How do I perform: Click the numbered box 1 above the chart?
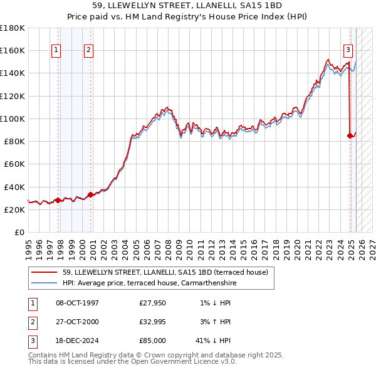(56, 51)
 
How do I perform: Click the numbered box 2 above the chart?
(89, 51)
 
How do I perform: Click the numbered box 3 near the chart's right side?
(348, 51)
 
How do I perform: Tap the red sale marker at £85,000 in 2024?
(350, 135)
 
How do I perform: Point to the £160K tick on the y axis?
(14, 50)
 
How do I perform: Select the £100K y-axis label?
(14, 119)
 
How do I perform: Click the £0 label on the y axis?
(19, 233)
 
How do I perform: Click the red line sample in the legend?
(45, 272)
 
